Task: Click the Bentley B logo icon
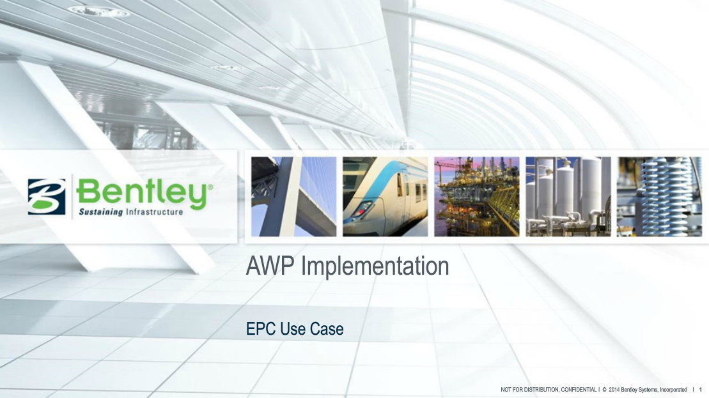point(47,197)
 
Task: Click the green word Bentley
point(141,192)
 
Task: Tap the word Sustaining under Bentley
point(100,212)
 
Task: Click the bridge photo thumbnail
point(293,196)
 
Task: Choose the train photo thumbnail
point(385,196)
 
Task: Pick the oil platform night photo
point(476,196)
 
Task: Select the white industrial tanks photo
point(568,196)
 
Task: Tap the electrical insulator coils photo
point(659,196)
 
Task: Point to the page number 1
point(701,389)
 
